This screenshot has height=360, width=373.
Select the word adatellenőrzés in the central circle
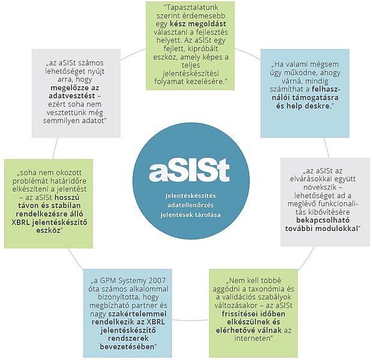(x=190, y=205)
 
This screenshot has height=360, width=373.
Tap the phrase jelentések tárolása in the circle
(x=190, y=215)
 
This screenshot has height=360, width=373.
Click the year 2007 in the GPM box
(x=157, y=281)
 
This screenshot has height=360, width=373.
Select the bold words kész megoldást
(x=198, y=24)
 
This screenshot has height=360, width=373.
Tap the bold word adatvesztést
(x=72, y=96)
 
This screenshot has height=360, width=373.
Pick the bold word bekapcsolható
(x=323, y=220)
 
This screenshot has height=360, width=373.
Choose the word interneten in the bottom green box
(x=253, y=338)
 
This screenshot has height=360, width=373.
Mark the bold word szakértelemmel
(x=138, y=314)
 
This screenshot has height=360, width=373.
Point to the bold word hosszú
(x=67, y=197)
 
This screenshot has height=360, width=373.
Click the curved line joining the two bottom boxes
(x=190, y=320)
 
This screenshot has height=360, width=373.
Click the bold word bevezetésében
(x=127, y=347)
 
